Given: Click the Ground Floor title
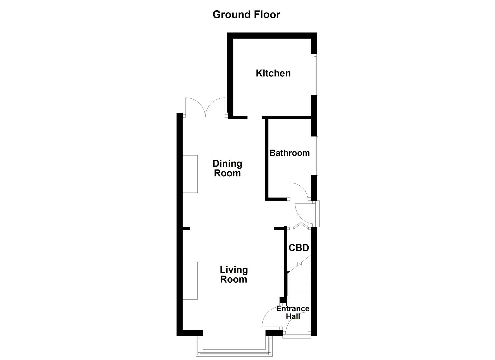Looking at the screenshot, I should [x=246, y=15].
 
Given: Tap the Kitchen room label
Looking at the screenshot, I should [x=273, y=73].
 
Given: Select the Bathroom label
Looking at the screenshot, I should [x=289, y=153].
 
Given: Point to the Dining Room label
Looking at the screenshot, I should [x=227, y=168].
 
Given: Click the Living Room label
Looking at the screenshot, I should [x=234, y=274].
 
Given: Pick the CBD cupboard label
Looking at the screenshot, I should [x=299, y=248].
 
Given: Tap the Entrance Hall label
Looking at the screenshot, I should [x=293, y=313].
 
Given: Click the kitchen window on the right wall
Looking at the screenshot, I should [x=315, y=74].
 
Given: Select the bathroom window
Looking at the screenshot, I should [x=315, y=155].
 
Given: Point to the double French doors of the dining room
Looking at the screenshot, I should [x=206, y=107].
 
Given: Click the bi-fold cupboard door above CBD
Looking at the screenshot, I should [x=300, y=226].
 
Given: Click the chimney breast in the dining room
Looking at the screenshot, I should [x=190, y=174].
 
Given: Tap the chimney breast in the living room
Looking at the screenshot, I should [x=190, y=281].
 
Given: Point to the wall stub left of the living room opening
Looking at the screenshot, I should [x=186, y=228].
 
